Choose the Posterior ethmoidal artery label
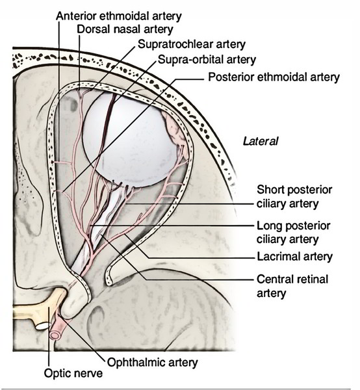coord(274,77)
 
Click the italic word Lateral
coord(261,140)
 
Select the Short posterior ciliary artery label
coord(294,196)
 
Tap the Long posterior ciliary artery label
coord(294,232)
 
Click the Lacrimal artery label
coord(294,257)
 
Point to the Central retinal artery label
coord(292,287)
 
